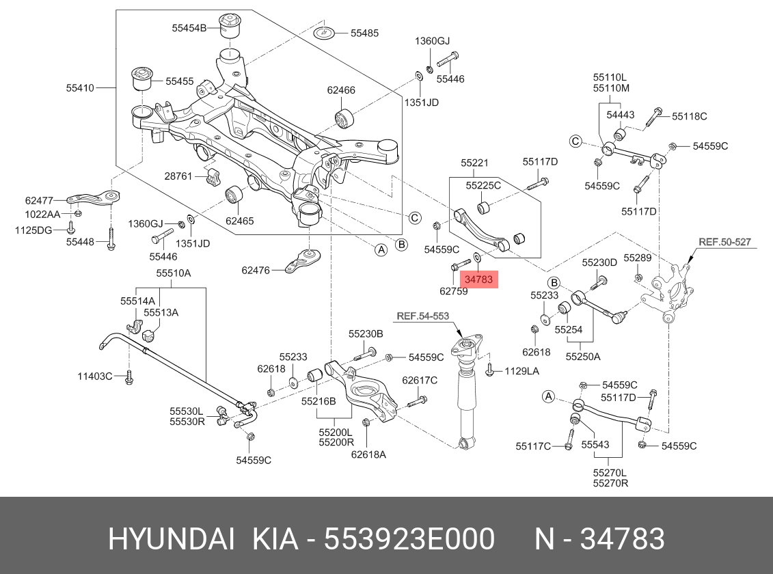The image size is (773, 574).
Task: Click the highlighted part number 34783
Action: click(x=478, y=279)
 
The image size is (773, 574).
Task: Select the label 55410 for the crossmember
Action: click(x=80, y=87)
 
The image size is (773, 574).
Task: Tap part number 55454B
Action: click(x=189, y=28)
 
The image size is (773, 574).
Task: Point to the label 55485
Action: click(x=364, y=33)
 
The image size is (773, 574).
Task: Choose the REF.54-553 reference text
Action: click(x=423, y=316)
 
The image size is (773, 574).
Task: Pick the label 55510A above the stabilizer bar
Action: click(x=173, y=273)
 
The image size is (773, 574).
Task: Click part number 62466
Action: click(x=341, y=90)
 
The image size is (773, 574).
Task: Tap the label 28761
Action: click(x=178, y=176)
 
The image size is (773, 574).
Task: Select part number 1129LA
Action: click(x=521, y=371)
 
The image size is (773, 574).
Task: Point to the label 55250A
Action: click(x=583, y=356)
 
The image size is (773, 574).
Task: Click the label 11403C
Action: click(x=94, y=375)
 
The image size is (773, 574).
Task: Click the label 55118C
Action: click(x=689, y=116)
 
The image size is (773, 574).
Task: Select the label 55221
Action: click(x=474, y=163)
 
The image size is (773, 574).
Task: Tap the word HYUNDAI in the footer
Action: click(x=172, y=539)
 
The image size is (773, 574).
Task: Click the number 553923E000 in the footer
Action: click(x=409, y=539)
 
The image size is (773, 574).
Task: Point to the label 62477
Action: click(x=39, y=200)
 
